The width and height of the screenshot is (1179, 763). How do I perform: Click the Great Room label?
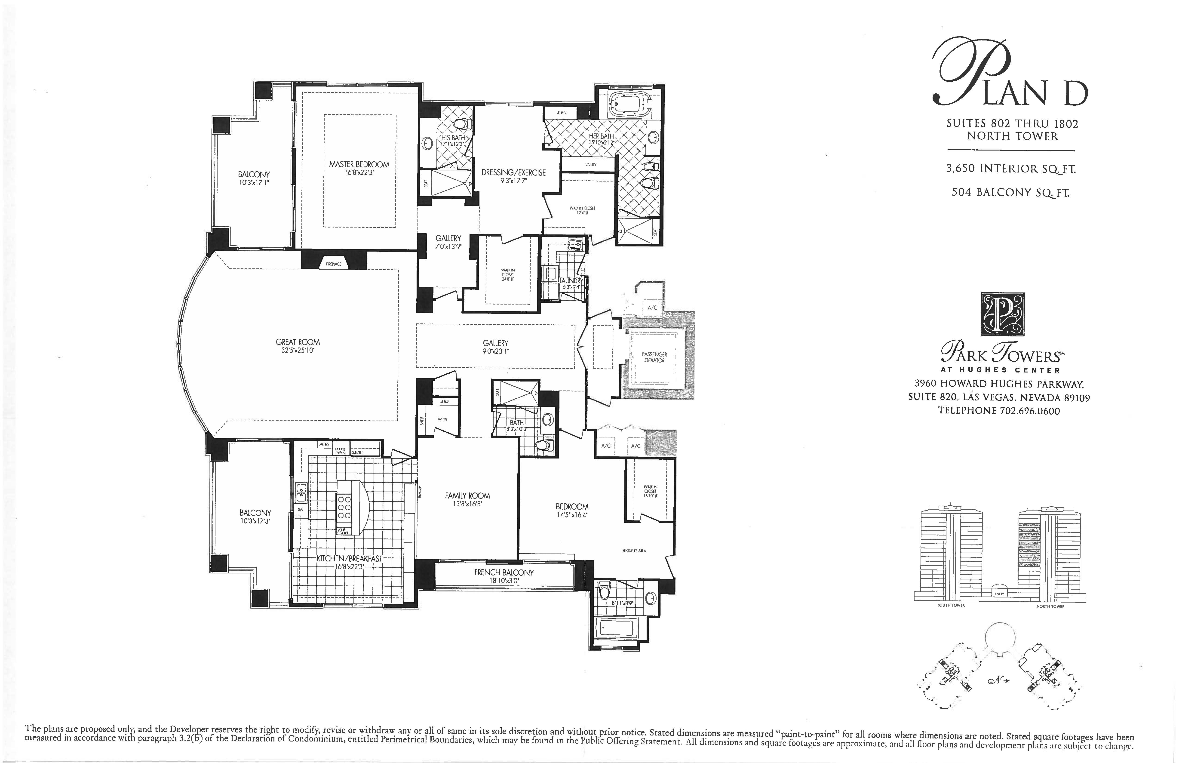coord(298,342)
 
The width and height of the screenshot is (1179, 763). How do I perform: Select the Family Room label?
coord(467,495)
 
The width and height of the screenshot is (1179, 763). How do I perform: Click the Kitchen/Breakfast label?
coord(349,558)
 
